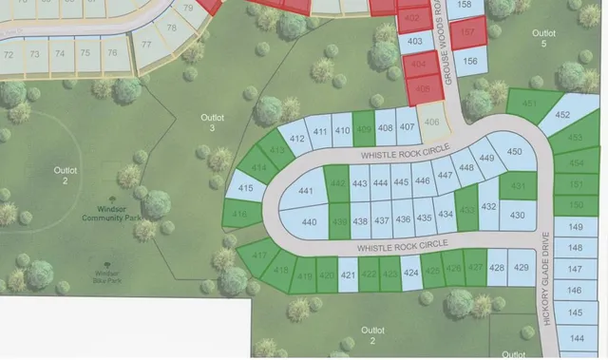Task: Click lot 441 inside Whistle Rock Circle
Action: [x=306, y=191]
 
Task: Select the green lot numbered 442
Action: [x=337, y=183]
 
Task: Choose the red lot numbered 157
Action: [x=467, y=33]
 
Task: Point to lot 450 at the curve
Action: [x=515, y=151]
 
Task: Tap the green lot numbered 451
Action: [x=528, y=103]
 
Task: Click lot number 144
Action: [x=576, y=338]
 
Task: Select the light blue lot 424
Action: [x=410, y=274]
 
